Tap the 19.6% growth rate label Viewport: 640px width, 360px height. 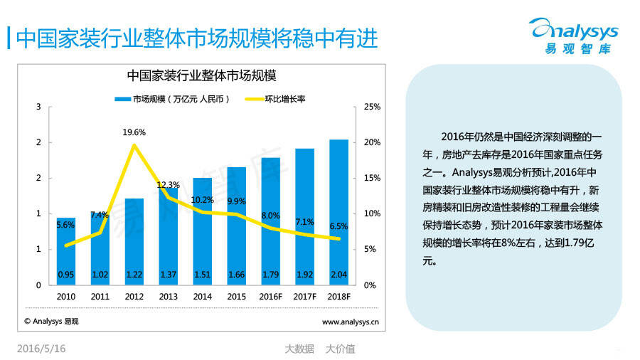click(x=134, y=132)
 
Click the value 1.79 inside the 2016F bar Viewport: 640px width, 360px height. click(x=270, y=274)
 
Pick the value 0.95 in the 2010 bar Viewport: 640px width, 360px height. click(x=66, y=274)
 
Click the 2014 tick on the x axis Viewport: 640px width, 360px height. click(x=202, y=296)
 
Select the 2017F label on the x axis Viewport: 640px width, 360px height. click(x=304, y=296)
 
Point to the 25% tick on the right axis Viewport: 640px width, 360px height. click(x=372, y=107)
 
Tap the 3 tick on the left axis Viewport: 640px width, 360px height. click(x=38, y=107)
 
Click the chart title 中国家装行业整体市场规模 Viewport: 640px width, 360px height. click(x=201, y=75)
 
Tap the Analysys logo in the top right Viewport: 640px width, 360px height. click(x=574, y=36)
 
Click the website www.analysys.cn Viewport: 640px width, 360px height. click(x=350, y=322)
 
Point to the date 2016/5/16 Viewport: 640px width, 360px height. click(x=41, y=349)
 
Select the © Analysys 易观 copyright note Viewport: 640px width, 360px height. click(x=52, y=322)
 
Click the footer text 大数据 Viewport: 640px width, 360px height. click(x=299, y=349)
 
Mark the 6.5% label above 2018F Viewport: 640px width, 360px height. click(x=338, y=226)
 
